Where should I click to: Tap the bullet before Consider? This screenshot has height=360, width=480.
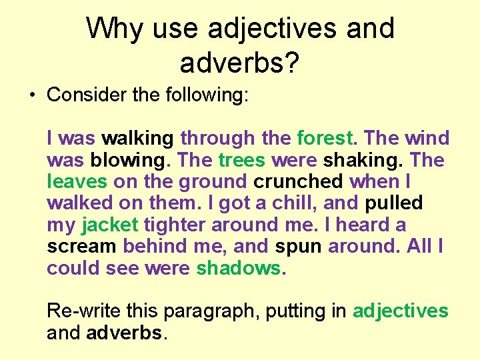point(32,95)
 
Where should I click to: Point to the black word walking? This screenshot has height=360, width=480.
point(137,139)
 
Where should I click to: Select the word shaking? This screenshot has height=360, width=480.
point(363,161)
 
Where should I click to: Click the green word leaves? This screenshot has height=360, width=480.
point(77,182)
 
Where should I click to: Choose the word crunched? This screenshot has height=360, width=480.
point(299,182)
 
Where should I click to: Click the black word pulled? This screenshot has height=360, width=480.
point(394,203)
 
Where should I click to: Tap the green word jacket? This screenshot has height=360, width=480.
point(110,225)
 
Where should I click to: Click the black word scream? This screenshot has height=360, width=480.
point(81,247)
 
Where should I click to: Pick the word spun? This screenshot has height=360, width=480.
point(298,247)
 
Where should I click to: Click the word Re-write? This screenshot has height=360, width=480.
point(85,311)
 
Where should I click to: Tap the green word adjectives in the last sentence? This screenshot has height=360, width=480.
point(400,311)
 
